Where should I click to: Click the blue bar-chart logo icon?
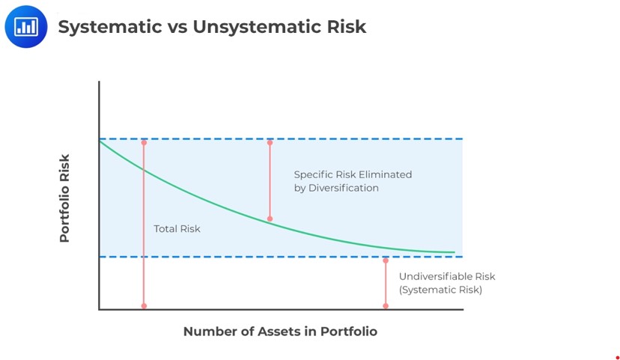[26, 26]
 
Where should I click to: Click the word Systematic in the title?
[110, 27]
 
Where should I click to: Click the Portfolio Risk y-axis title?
[64, 198]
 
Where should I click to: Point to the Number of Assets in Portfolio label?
[280, 331]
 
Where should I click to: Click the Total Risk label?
[177, 229]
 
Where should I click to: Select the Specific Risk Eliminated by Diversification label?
[353, 181]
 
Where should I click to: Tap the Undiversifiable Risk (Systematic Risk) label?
[447, 283]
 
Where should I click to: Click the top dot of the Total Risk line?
[144, 142]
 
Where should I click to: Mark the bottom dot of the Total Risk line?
[144, 306]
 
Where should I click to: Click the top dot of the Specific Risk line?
[270, 142]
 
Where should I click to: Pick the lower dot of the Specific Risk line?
[270, 219]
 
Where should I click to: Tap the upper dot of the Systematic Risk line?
[386, 260]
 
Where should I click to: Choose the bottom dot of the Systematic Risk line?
[386, 306]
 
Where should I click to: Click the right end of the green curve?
[455, 252]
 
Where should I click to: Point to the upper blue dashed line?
[281, 138]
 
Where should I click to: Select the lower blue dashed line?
[281, 257]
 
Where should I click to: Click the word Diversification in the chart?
[343, 188]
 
